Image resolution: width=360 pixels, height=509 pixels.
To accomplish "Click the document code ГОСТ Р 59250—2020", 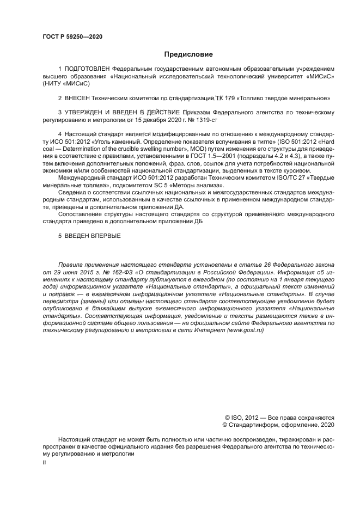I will tap(72, 37).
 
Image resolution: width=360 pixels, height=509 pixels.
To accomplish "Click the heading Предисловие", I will tap(188, 54).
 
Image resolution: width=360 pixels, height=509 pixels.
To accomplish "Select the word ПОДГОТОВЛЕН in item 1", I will tap(87, 69).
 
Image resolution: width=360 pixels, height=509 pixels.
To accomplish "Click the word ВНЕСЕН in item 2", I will tap(78, 99).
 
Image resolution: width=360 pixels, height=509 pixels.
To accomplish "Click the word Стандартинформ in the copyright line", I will tap(258, 425).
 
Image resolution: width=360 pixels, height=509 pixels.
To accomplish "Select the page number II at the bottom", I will tap(45, 462).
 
